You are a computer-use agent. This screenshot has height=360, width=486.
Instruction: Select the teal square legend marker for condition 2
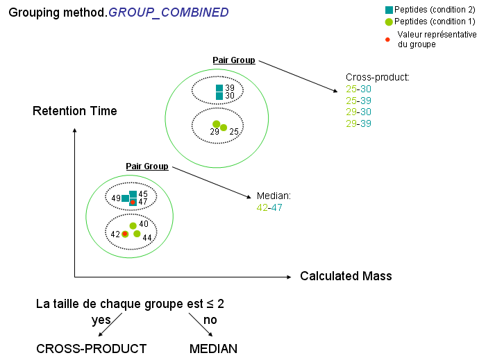click(x=389, y=9)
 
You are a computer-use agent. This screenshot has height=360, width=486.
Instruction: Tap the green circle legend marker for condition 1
click(x=389, y=22)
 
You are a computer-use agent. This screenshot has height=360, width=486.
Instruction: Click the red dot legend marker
click(x=388, y=39)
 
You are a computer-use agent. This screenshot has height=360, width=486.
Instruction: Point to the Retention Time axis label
click(x=75, y=111)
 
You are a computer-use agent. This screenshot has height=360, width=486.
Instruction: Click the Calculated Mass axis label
click(x=346, y=276)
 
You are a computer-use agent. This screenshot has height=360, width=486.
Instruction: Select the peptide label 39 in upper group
click(x=230, y=88)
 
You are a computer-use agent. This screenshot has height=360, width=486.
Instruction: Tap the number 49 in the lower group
click(x=116, y=198)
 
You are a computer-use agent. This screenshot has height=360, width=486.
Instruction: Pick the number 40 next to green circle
click(x=144, y=224)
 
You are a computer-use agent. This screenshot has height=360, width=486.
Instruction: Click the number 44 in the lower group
click(x=146, y=238)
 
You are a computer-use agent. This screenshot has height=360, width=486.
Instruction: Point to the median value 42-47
click(x=269, y=207)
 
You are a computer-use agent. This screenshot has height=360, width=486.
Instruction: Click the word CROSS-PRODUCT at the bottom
click(x=91, y=348)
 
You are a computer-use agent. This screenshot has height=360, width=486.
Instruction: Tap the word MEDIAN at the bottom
click(x=213, y=348)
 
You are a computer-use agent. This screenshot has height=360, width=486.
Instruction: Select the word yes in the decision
click(x=101, y=320)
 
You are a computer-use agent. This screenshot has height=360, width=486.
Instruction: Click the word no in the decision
click(x=210, y=320)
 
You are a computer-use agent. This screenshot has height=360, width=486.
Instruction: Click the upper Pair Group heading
click(x=233, y=60)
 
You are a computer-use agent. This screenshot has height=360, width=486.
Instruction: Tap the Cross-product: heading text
click(x=378, y=77)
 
